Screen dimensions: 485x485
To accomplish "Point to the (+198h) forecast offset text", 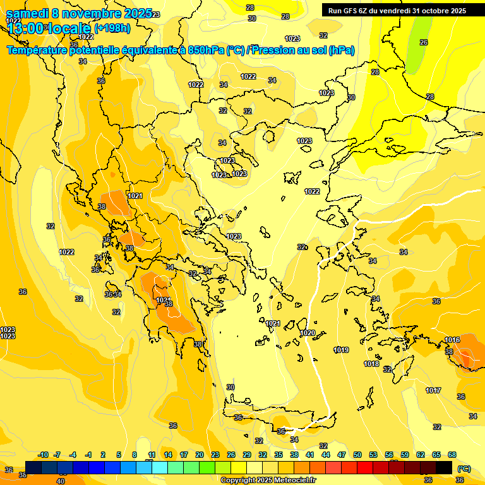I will click(x=112, y=28).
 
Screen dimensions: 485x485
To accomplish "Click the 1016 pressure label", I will click(x=452, y=340).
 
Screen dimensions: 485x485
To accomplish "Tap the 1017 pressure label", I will click(x=433, y=390).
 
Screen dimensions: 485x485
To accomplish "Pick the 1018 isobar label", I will click(x=371, y=364).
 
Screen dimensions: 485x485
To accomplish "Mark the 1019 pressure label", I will click(x=341, y=350).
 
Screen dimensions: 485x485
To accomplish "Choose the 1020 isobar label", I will click(x=308, y=333).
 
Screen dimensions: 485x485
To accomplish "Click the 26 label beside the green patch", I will click(x=424, y=42).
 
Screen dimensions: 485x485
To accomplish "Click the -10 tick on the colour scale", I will click(x=43, y=455).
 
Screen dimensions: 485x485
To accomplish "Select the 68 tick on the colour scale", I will click(x=452, y=455).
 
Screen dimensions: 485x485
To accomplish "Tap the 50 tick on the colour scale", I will click(x=357, y=455).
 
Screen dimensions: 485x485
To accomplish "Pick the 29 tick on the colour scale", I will click(x=246, y=455).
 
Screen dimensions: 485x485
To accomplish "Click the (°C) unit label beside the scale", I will click(x=464, y=469).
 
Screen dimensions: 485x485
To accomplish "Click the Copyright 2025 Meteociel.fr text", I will click(x=268, y=480).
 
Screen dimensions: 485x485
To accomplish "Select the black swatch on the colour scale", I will click(x=444, y=467).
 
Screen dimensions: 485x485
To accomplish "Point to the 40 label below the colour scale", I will click(x=61, y=481).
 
